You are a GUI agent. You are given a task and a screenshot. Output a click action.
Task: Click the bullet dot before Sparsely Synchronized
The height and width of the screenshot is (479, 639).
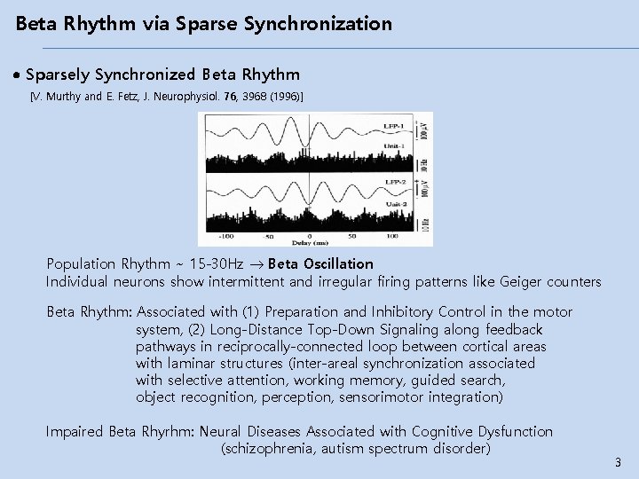pyautogui.click(x=19, y=75)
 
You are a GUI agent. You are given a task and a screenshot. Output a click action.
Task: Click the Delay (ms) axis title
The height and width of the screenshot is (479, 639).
pyautogui.click(x=305, y=243)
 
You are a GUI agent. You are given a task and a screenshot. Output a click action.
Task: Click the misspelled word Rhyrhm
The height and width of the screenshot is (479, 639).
pyautogui.click(x=168, y=431)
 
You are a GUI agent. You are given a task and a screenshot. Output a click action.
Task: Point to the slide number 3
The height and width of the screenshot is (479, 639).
pyautogui.click(x=618, y=462)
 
